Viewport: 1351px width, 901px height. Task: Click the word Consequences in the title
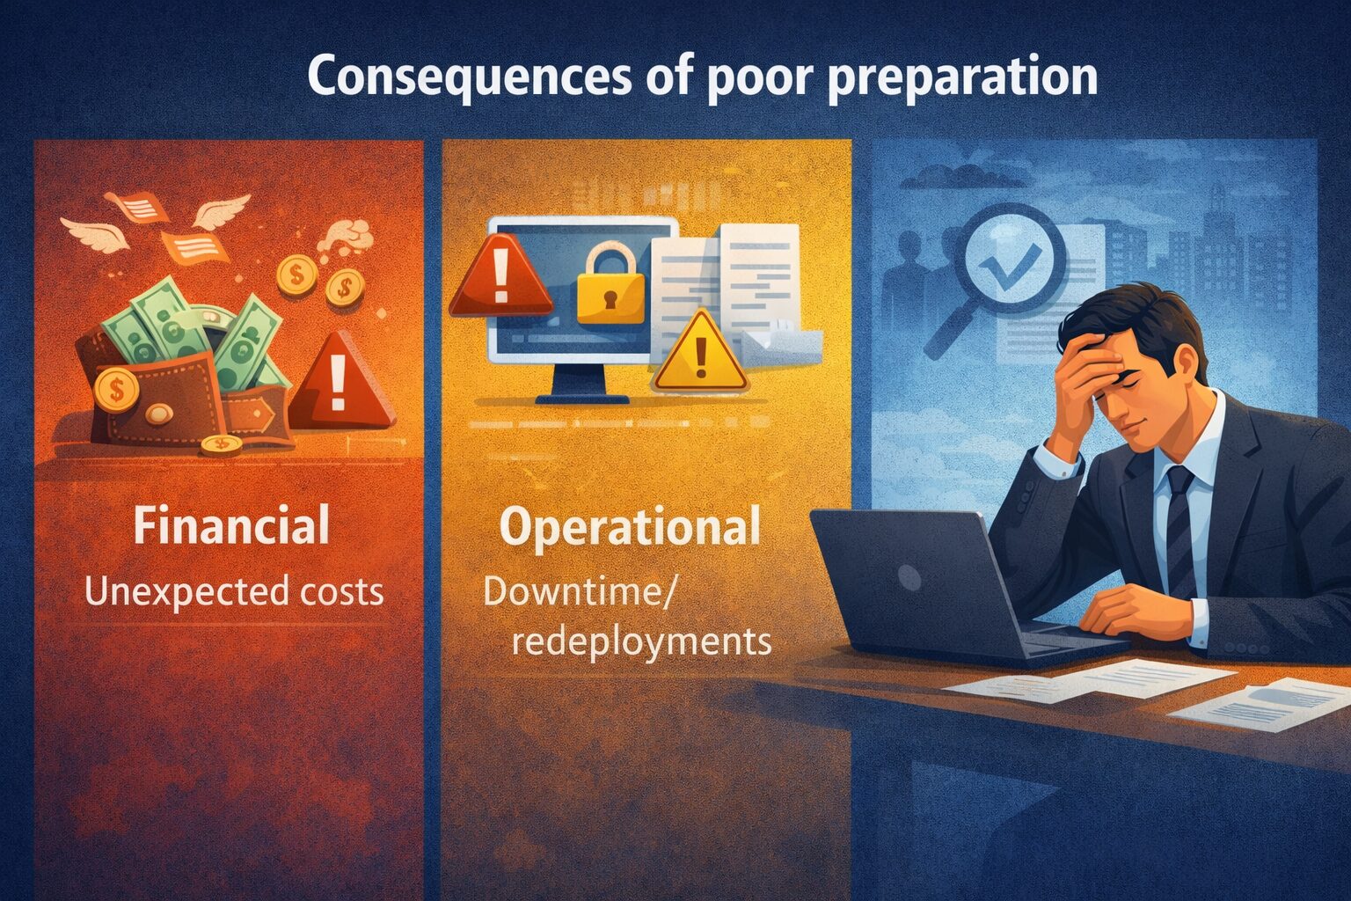(x=469, y=77)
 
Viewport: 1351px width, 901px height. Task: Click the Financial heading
(x=231, y=525)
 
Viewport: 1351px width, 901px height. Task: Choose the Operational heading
(x=630, y=527)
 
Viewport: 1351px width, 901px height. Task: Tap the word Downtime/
(x=579, y=592)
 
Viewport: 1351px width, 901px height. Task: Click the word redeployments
(x=641, y=641)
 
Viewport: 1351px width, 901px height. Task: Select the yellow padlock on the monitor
(x=605, y=284)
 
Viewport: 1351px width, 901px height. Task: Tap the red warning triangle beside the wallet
(x=339, y=385)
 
